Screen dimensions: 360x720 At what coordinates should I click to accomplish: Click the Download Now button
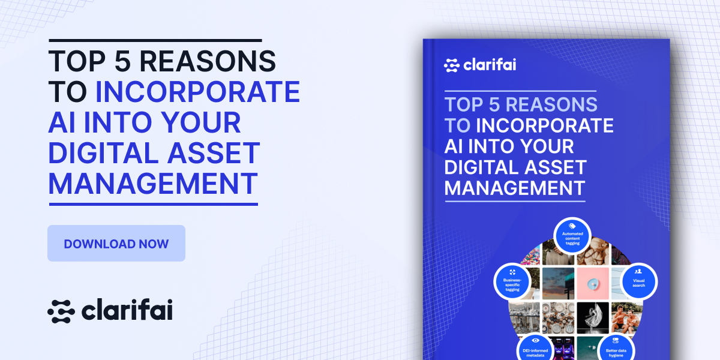pos(116,244)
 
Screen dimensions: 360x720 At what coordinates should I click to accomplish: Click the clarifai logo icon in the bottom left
pos(61,311)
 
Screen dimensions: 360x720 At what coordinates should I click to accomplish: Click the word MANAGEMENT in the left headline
pos(153,183)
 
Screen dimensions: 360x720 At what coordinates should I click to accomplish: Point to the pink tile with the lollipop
pos(593,283)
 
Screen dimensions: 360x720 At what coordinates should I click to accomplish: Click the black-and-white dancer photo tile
pos(593,317)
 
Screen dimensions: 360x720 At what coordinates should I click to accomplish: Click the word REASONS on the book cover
pos(551,104)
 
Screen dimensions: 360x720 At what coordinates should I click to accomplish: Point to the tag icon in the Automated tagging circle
pos(572,226)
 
